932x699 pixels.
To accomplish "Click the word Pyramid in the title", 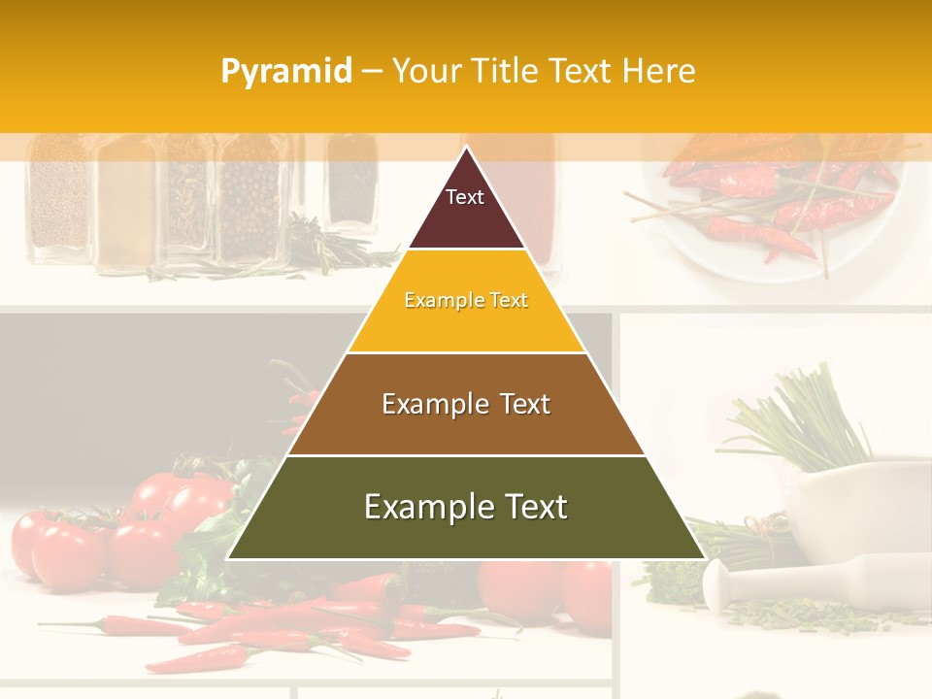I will point(285,72).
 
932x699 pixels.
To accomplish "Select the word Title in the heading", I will point(507,71).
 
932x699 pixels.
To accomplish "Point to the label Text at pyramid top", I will point(465,197).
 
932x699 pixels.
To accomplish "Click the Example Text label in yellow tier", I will point(466,300).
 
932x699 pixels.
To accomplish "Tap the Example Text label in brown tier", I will point(466,404).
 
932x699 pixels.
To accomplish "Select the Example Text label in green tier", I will point(466,507).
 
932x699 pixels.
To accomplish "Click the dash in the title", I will point(372,72).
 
